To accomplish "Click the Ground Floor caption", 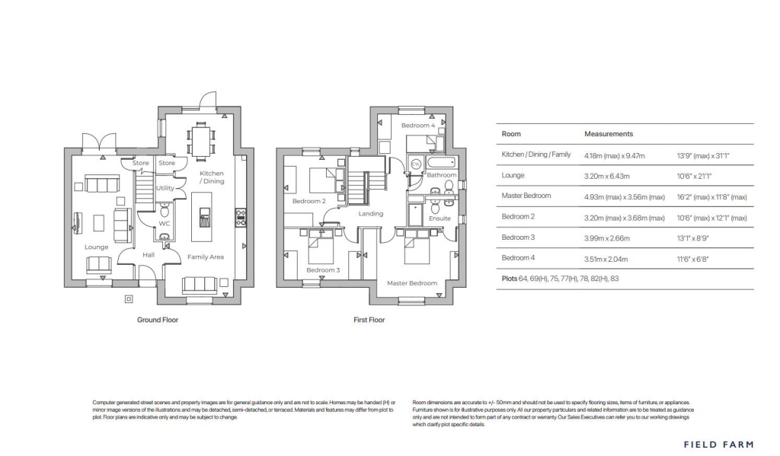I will point(158,320).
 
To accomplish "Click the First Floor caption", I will point(369,320).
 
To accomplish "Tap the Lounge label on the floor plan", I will point(97,247).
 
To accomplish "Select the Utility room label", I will point(165,187).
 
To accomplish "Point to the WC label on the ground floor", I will point(164,223).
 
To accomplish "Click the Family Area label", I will point(206,257).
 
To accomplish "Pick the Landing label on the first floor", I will point(371,214).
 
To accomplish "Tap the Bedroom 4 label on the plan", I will point(418,125).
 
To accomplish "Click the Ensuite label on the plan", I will point(440,218).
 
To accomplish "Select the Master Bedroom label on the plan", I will point(412,283).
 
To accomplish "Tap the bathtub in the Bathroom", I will point(440,163).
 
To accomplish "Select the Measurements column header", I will point(609,133).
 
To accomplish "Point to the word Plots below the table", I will point(510,279).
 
